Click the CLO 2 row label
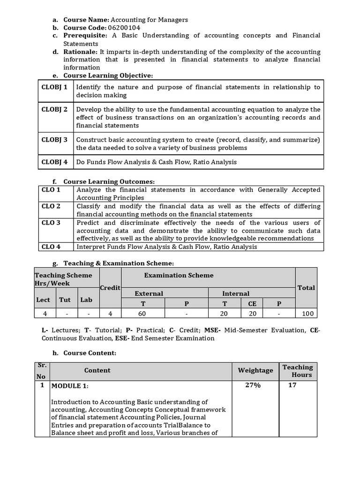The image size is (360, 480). (x=51, y=206)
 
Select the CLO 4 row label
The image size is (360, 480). (x=51, y=247)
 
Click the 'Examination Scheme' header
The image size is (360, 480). (x=179, y=276)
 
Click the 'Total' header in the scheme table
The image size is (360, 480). (x=306, y=288)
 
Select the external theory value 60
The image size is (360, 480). (x=143, y=314)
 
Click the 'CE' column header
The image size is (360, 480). (x=252, y=304)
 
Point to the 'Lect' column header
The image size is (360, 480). (x=43, y=300)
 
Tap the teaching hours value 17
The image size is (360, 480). (x=292, y=385)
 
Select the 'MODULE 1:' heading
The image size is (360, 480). (x=70, y=386)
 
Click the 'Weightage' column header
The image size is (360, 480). (x=255, y=370)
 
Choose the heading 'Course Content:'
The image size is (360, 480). (x=90, y=353)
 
